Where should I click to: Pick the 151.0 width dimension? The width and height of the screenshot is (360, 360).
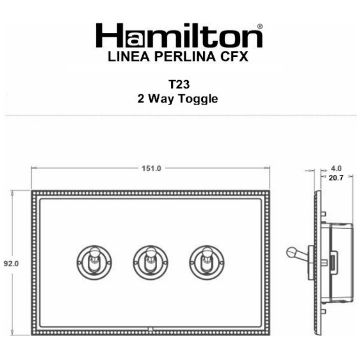tap(151, 168)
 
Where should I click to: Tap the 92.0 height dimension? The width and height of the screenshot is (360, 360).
tap(10, 263)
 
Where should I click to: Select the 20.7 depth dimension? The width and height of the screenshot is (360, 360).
tap(337, 178)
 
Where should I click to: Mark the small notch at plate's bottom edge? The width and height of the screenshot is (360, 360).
tap(150, 329)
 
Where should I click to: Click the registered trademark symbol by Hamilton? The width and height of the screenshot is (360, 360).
tap(260, 27)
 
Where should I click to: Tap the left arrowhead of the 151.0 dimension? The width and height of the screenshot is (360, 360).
tap(33, 168)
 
